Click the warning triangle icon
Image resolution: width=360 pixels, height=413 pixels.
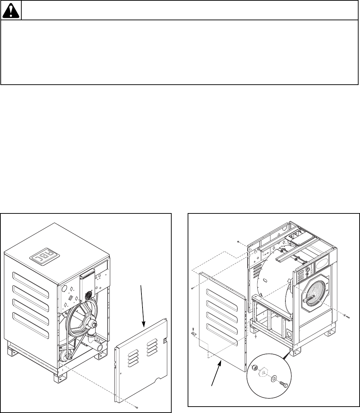tap(11, 11)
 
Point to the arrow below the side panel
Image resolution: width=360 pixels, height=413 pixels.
tap(216, 374)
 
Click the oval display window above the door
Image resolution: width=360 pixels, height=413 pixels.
tap(322, 268)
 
